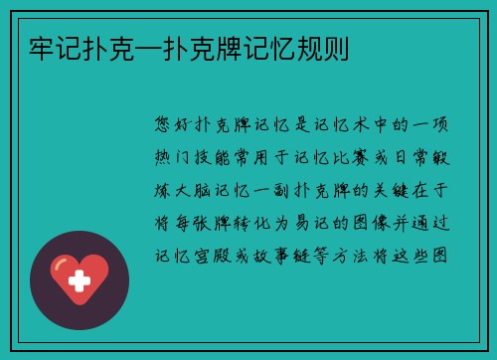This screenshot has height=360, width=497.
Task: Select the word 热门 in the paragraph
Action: click(172, 158)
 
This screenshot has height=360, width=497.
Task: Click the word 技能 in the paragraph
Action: click(216, 158)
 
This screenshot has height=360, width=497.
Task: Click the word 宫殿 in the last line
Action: click(216, 256)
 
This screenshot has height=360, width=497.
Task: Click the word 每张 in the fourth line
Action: click(194, 223)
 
